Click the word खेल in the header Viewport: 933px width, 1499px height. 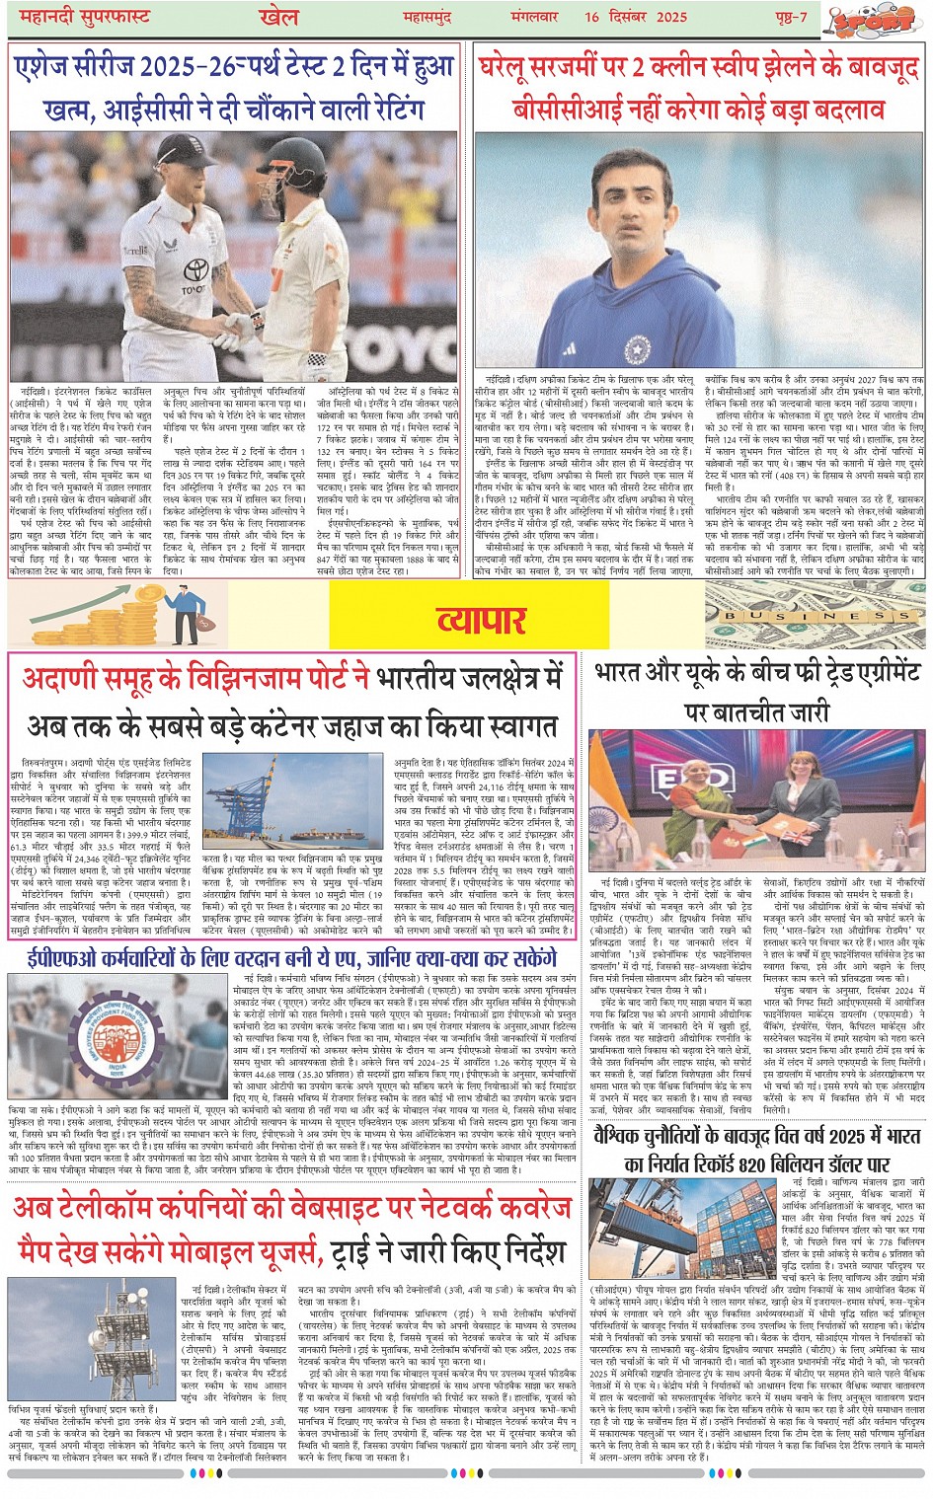tap(280, 17)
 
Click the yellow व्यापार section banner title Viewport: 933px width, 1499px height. tap(482, 620)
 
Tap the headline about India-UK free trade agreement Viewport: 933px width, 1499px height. tap(756, 690)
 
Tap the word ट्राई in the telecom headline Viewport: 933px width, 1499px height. tap(356, 1251)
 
